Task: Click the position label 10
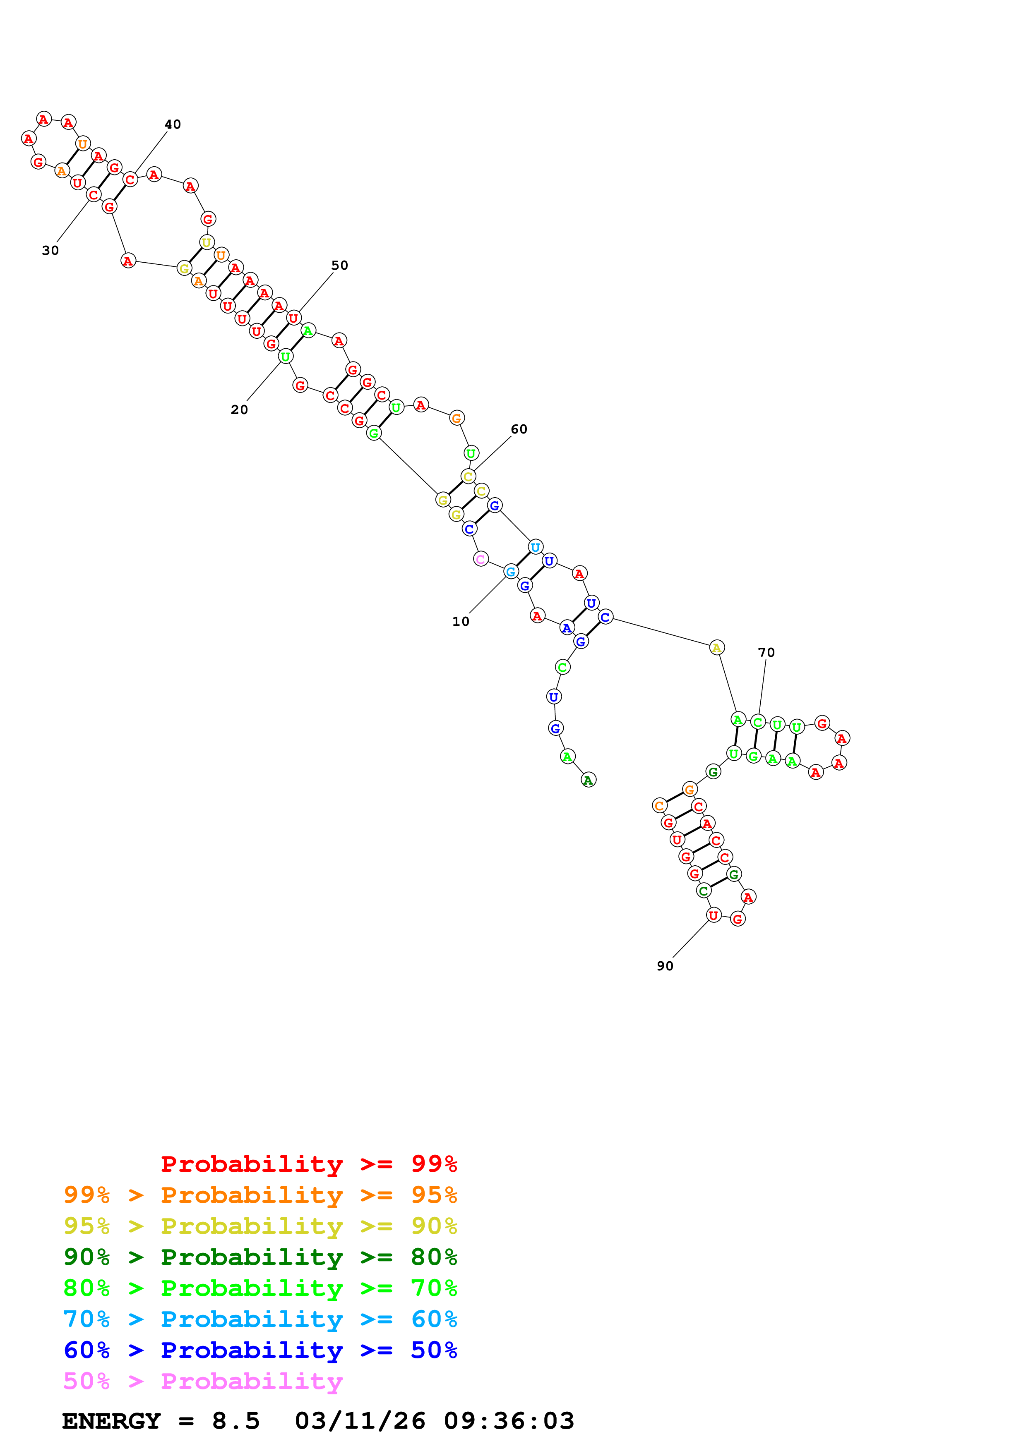[460, 621]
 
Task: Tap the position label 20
[239, 409]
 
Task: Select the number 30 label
[50, 250]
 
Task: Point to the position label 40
[173, 125]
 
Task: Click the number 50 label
[339, 266]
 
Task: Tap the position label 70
[766, 652]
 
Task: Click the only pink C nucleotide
[481, 559]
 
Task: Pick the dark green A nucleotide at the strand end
[588, 780]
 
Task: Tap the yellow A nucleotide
[716, 647]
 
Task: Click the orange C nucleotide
[659, 805]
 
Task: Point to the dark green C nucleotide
[703, 891]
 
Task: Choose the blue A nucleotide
[567, 627]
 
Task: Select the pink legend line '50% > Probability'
[203, 1381]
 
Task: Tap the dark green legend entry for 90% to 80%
[260, 1256]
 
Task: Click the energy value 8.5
[236, 1421]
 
